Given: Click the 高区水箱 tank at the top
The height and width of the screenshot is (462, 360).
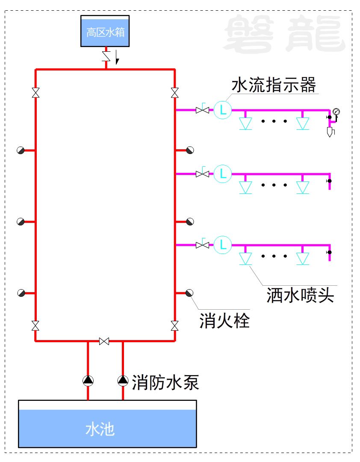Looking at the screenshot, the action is coord(105,31).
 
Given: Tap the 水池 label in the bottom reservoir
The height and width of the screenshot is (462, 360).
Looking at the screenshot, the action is coord(100,429).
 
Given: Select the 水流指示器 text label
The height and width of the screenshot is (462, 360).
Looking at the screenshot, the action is coord(274,85).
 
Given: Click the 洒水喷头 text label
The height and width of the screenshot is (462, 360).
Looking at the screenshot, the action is coord(300,295).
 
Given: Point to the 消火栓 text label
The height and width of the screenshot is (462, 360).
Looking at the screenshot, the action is coord(224,320).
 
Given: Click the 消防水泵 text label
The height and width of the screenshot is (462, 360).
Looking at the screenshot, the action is coord(165,382).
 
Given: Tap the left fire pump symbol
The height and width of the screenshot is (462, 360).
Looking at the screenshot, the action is coord(88,381).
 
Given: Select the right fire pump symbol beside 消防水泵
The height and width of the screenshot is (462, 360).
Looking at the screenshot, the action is coord(123,381).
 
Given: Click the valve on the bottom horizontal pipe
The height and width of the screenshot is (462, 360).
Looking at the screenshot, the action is coord(104,341).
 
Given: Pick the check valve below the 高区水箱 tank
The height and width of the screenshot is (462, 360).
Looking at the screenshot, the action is coord(106,56).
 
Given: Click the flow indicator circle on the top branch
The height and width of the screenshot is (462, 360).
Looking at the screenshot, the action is coord(222,110).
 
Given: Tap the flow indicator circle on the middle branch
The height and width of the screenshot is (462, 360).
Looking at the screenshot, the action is coord(222,174).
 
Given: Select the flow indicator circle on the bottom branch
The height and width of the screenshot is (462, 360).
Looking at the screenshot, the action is coord(222,245).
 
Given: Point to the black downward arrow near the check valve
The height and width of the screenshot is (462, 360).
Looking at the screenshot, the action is coord(117,57).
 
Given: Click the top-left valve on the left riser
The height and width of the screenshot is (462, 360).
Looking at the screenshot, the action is coord(35,92).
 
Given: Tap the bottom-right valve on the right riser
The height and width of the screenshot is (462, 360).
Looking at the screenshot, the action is coord(175,326).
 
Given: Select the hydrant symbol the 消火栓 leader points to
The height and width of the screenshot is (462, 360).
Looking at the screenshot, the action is coord(189,293).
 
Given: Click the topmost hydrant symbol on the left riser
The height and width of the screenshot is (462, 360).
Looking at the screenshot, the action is coord(21,150).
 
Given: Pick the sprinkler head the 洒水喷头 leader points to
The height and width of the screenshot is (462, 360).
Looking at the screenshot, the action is coord(245,259).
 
